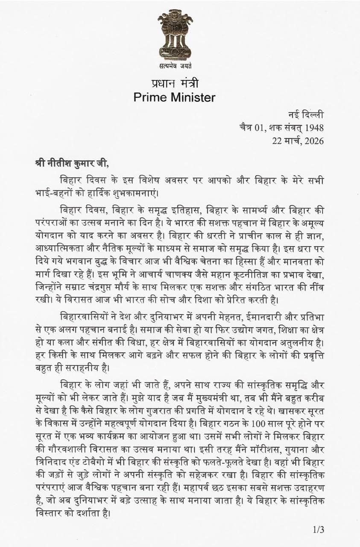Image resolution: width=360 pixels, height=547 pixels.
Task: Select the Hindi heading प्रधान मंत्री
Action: [174, 83]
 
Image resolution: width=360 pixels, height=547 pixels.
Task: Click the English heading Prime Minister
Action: [174, 97]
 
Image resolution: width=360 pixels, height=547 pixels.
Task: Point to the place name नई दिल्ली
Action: [306, 115]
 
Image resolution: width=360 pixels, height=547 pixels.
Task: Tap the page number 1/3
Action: [319, 530]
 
